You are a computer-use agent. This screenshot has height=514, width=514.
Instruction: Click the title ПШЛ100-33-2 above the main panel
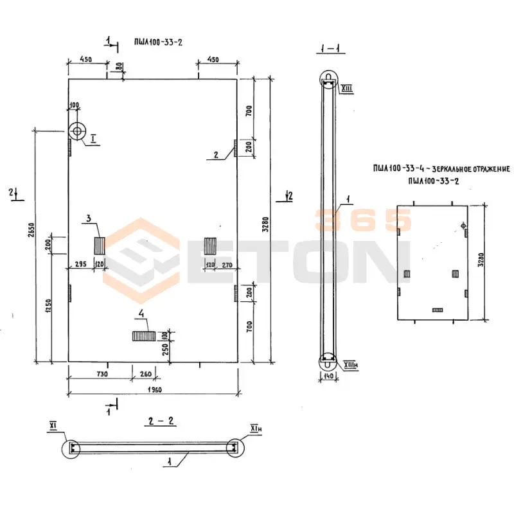coord(156,42)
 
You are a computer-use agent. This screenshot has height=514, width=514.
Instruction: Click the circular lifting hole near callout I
coord(77,131)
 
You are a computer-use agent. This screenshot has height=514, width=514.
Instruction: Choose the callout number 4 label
coord(139,315)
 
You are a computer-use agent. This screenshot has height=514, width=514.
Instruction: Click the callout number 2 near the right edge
coord(217,154)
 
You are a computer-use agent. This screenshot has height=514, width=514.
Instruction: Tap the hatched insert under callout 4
coord(143,335)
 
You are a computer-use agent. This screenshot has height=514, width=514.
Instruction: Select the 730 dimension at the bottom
coord(102,374)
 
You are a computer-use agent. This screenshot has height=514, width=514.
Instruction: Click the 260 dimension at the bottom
coord(146,374)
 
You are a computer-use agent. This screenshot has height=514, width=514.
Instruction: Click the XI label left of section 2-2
coord(53,425)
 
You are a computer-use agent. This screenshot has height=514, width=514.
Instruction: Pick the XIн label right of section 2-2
coord(255,428)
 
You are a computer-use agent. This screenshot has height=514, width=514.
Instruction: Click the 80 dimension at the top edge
coord(118,66)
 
